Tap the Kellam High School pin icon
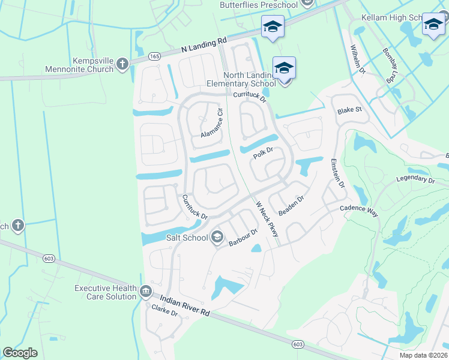tap(433, 25)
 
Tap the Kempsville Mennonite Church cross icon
tap(122, 64)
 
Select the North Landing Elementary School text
tap(249, 79)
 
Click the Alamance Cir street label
tap(212, 120)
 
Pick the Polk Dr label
tap(263, 155)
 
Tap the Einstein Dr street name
tap(337, 174)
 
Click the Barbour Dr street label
tap(243, 238)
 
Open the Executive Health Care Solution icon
tap(146, 292)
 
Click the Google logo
tap(20, 353)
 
